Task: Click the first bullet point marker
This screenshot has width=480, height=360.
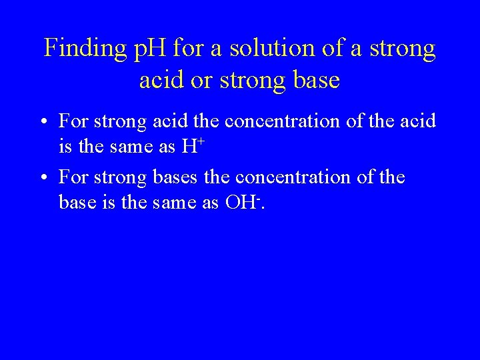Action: coord(43,123)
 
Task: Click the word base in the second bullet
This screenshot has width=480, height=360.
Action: coord(75,201)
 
